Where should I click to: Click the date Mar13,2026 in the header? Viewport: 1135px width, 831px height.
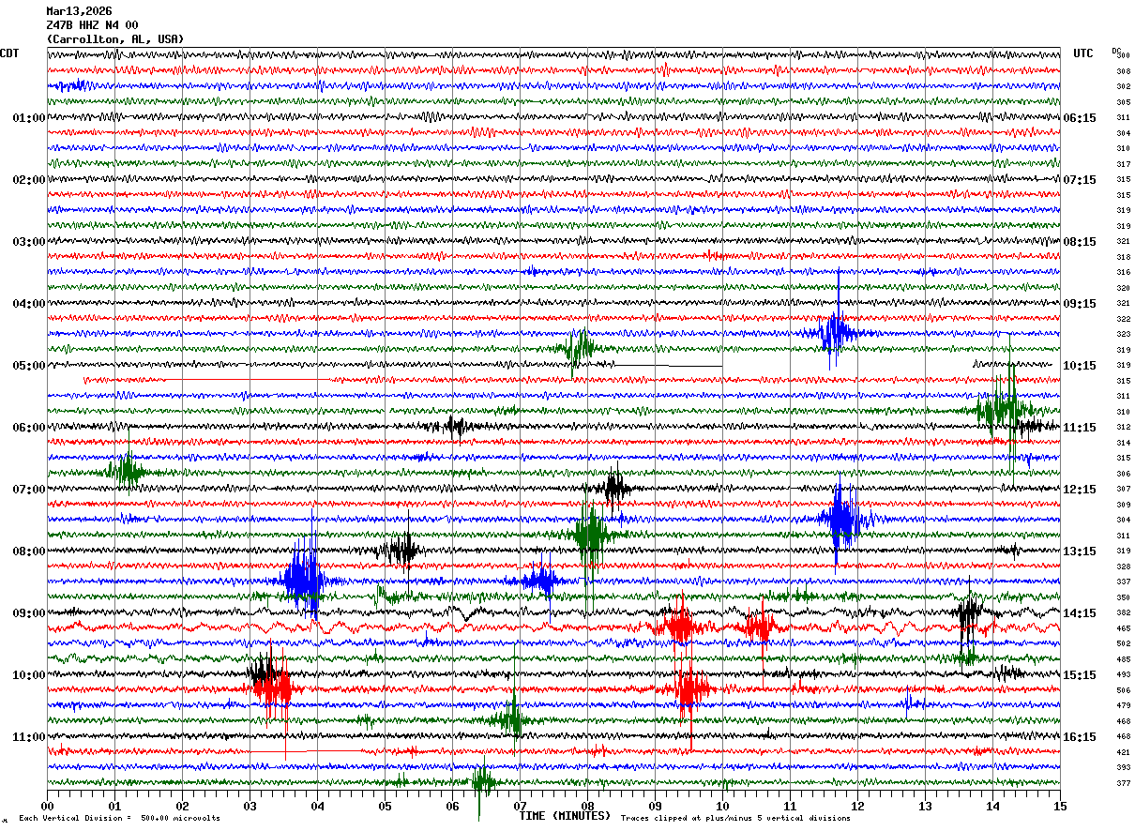(79, 11)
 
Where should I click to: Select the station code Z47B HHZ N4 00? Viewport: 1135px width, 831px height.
(92, 25)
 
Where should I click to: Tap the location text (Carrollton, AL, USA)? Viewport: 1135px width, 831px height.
(114, 39)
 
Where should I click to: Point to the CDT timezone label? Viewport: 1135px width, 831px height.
(9, 53)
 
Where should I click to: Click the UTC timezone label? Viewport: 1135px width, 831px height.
(1083, 53)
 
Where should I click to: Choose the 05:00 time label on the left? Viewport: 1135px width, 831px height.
(28, 366)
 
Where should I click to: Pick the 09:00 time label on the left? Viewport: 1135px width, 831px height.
(28, 613)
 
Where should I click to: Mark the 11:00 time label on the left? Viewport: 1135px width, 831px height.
(28, 737)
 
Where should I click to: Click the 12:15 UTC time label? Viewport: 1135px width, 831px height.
(1080, 490)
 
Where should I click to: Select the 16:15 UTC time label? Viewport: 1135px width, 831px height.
(1080, 737)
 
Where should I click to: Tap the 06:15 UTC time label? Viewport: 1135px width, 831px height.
(1080, 118)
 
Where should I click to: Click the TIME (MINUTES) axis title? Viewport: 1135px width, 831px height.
(565, 816)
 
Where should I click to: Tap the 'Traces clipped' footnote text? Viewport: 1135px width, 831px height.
(735, 819)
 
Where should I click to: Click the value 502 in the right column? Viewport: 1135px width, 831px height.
(1123, 644)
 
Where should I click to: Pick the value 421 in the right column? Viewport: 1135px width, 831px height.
(1123, 752)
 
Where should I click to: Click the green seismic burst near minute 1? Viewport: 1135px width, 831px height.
(125, 471)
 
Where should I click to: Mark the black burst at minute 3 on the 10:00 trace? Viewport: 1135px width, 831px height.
(264, 672)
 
